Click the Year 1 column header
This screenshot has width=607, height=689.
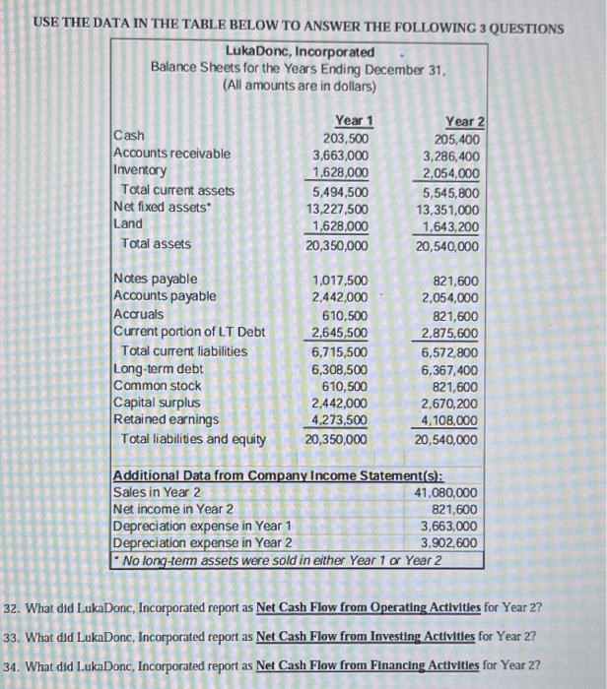(x=352, y=121)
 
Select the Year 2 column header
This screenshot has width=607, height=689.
(x=464, y=121)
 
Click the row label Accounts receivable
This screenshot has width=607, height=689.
(x=172, y=155)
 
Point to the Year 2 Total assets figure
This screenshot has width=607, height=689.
(x=449, y=244)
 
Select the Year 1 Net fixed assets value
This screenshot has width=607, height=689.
(x=340, y=209)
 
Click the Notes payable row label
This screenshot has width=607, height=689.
(x=156, y=280)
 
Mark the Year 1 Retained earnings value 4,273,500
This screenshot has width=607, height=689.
(x=341, y=421)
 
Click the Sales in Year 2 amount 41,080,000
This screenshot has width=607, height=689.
(x=449, y=492)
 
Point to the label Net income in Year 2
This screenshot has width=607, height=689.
(x=173, y=509)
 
